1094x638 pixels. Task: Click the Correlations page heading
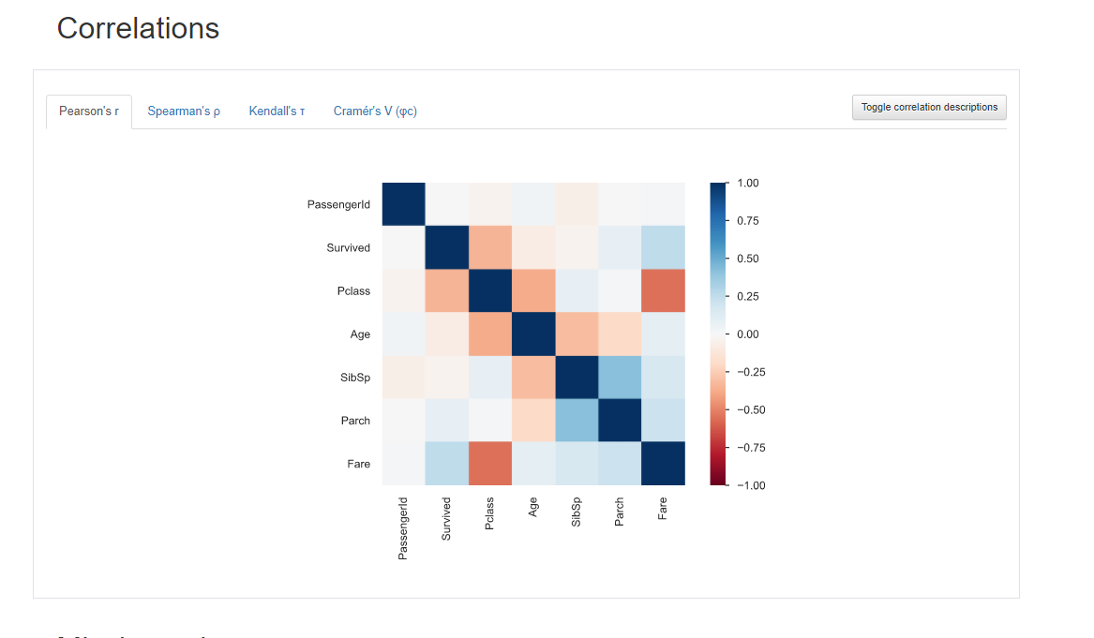[x=138, y=28]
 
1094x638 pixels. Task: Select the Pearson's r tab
[x=89, y=111]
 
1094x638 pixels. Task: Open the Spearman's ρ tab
[x=184, y=111]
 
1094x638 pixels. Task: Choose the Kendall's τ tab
[x=277, y=111]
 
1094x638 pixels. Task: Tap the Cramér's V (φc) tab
[x=375, y=111]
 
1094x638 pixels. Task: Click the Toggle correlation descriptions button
[x=929, y=108]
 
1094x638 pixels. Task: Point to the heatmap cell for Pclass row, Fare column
[x=663, y=290]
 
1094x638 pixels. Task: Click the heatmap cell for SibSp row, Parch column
[x=620, y=377]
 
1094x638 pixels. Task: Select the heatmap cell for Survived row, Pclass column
[x=490, y=247]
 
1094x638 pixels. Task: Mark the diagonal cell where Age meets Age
[x=533, y=334]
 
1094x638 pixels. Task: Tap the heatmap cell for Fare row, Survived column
[x=447, y=464]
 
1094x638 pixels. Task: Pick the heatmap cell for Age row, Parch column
[x=620, y=334]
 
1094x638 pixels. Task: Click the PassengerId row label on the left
[x=338, y=204]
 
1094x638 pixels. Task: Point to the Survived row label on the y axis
[x=348, y=248]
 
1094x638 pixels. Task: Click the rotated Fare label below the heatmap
[x=663, y=509]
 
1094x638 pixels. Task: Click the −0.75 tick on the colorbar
[x=747, y=448]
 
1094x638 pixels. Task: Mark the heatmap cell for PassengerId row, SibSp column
[x=577, y=204]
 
